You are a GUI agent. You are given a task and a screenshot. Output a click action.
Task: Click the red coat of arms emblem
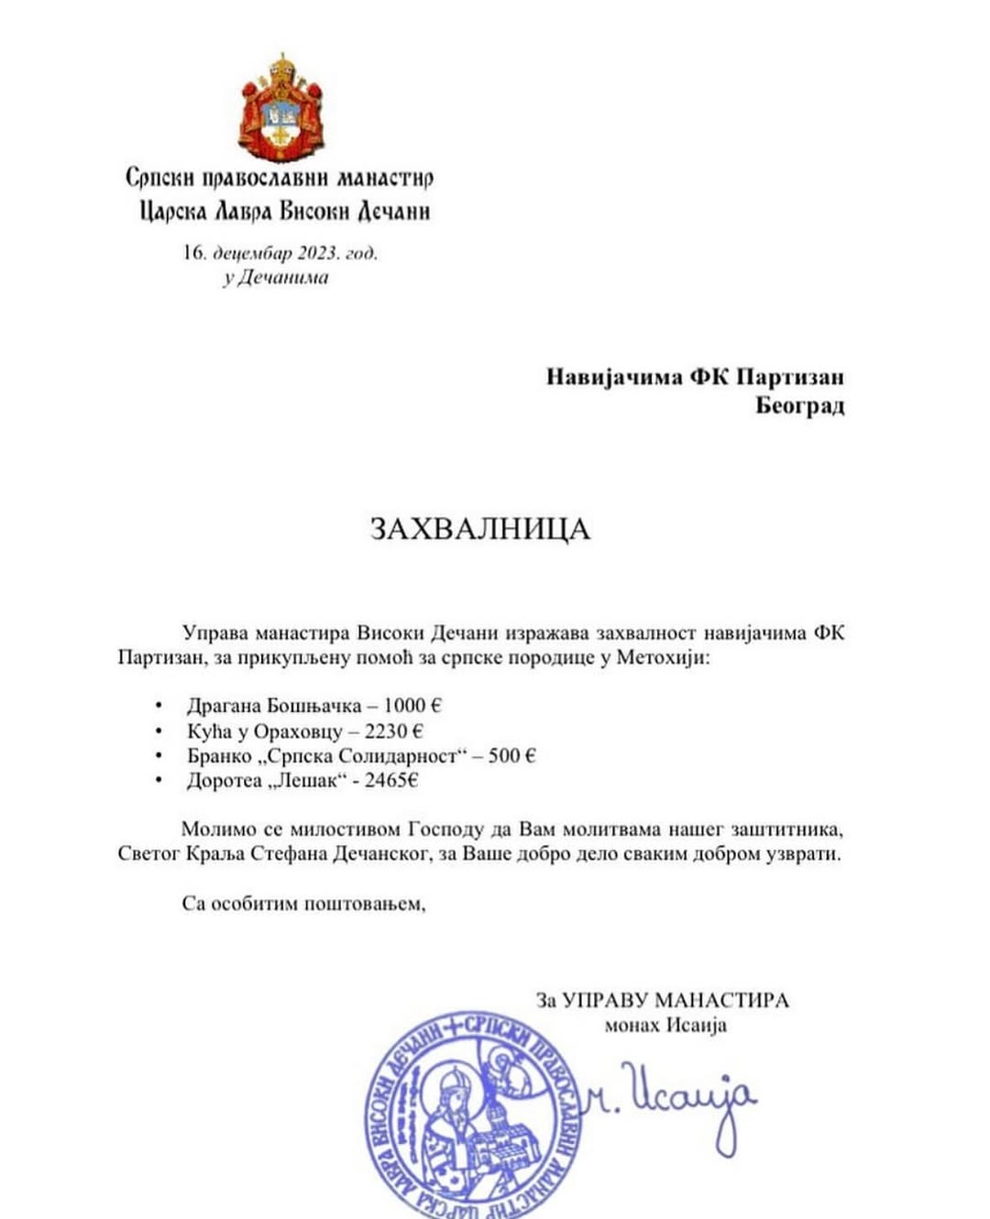click(280, 109)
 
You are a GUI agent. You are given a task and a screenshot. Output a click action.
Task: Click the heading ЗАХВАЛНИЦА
click(480, 529)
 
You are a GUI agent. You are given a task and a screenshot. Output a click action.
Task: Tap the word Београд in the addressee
click(799, 405)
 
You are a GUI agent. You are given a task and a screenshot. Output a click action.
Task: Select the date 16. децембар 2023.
click(280, 253)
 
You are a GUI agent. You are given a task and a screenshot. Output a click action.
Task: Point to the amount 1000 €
click(412, 706)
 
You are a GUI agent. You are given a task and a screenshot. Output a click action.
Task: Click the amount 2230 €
click(393, 731)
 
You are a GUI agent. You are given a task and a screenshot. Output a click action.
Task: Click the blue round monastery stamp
click(475, 1116)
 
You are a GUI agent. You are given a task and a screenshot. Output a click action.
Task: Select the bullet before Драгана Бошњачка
click(159, 706)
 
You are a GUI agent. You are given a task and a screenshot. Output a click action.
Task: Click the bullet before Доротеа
click(159, 781)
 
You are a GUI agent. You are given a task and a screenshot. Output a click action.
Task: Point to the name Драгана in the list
click(224, 706)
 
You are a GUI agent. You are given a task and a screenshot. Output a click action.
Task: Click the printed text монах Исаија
click(665, 1025)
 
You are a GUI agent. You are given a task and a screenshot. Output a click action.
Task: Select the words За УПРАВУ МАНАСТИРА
click(662, 1000)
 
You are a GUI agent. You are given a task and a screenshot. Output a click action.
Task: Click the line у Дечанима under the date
click(275, 278)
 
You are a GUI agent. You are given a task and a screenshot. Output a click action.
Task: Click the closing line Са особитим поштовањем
click(304, 904)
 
